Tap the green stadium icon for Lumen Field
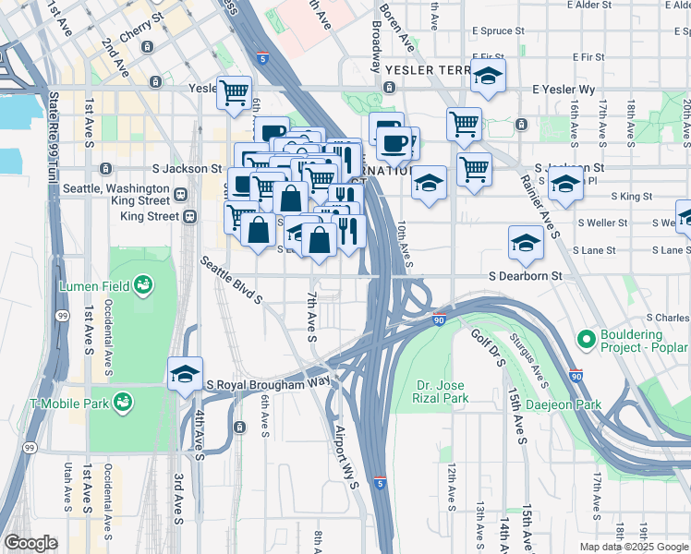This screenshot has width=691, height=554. [143, 283]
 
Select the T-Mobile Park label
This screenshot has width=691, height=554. [68, 403]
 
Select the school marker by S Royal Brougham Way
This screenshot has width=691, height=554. [186, 373]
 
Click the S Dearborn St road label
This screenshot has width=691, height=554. [526, 276]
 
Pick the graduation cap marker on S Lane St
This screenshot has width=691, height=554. [526, 243]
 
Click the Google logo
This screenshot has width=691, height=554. [30, 543]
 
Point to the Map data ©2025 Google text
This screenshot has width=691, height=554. [634, 547]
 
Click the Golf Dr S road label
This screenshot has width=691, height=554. [488, 349]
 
